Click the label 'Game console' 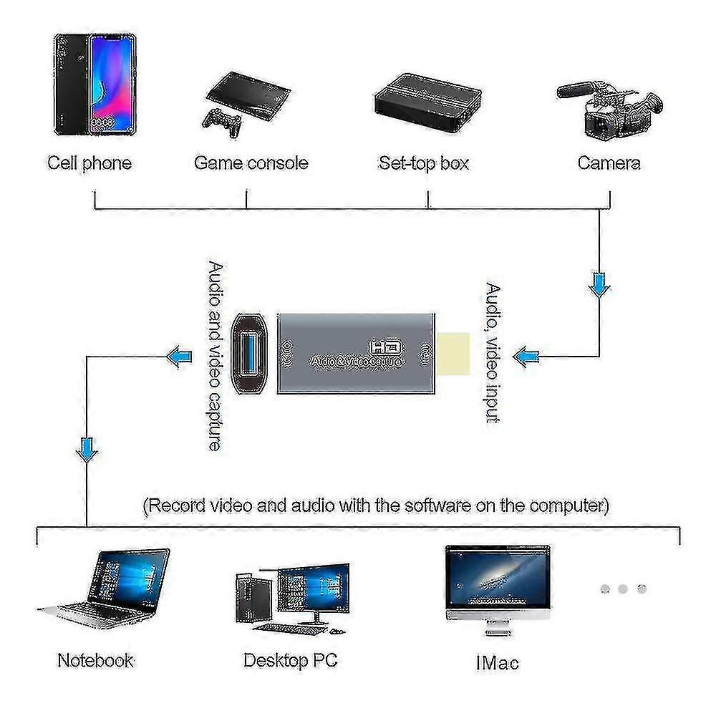pyautogui.click(x=251, y=163)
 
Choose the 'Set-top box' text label pyautogui.click(x=423, y=163)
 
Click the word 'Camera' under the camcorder pyautogui.click(x=609, y=163)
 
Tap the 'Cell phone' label pyautogui.click(x=89, y=163)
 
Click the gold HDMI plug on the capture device pyautogui.click(x=454, y=354)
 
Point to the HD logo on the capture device pyautogui.click(x=387, y=347)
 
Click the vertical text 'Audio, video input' pyautogui.click(x=493, y=354)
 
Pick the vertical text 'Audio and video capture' pyautogui.click(x=214, y=356)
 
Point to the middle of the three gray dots pyautogui.click(x=623, y=589)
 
